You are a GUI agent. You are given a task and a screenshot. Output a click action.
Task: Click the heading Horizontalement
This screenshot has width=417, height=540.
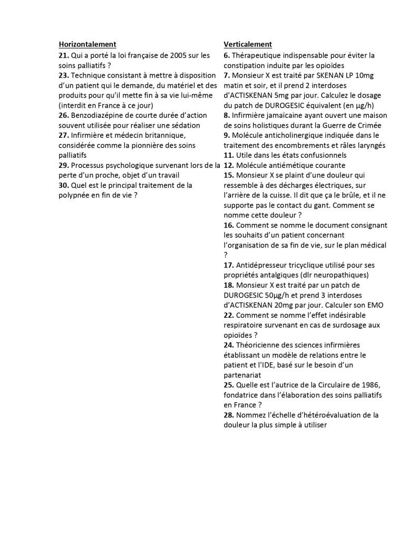click(x=87, y=44)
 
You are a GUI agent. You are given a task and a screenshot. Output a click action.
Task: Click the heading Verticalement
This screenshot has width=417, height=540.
click(x=247, y=44)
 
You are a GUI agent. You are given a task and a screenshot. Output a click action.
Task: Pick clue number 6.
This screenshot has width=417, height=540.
click(x=226, y=55)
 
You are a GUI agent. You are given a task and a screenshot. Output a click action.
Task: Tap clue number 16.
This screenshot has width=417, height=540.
click(x=228, y=225)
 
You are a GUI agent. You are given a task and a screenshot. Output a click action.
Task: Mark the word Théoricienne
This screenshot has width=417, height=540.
click(x=261, y=345)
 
